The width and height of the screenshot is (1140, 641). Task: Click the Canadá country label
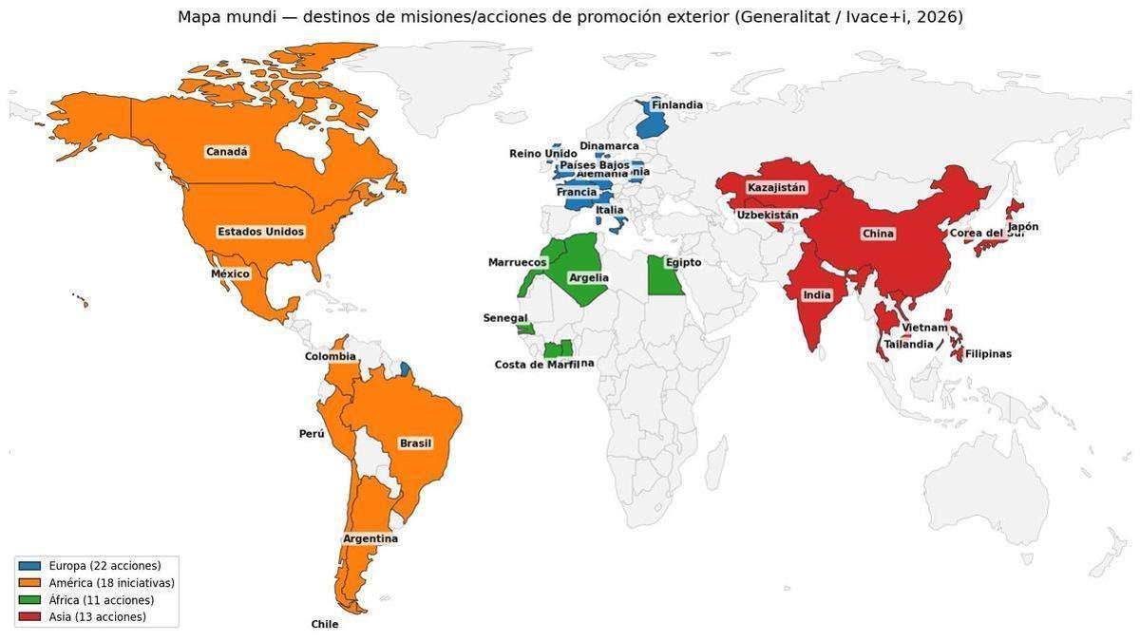pos(227,152)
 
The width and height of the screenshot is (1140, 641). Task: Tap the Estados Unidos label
pos(261,232)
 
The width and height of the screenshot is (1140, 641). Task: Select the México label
pos(230,274)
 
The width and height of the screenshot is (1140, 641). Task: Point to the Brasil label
pos(415,443)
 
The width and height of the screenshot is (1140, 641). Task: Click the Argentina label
pos(370,538)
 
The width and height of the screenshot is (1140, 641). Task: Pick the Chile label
pos(325,625)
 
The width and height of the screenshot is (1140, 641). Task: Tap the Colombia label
pos(331,357)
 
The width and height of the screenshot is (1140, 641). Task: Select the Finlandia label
pos(677,105)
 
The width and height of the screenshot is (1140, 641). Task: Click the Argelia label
pos(588,278)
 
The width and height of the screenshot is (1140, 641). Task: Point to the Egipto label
pos(683,263)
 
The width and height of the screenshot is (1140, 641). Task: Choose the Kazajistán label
pos(776,188)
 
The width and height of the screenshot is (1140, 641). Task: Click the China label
pos(878,234)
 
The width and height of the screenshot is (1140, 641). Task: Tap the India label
pos(817,295)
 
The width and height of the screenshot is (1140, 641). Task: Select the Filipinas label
pos(988,354)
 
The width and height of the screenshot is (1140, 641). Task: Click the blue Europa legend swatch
pos(30,566)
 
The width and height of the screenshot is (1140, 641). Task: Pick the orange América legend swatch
pos(30,583)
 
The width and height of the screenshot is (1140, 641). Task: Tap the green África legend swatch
pos(30,600)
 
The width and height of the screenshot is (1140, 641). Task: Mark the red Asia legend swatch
pos(30,617)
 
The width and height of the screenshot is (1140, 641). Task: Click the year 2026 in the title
pos(939,17)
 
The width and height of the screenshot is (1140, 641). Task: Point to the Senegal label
pos(505,318)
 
